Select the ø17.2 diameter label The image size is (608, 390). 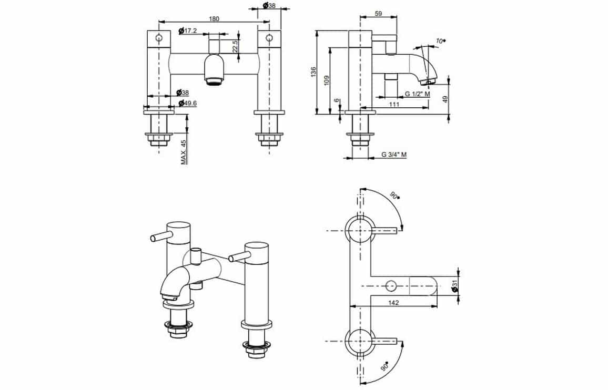pyautogui.click(x=188, y=30)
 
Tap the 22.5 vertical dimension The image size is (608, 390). pyautogui.click(x=235, y=46)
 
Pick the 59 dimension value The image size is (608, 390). pyautogui.click(x=379, y=14)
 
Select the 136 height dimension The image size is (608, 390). pyautogui.click(x=313, y=72)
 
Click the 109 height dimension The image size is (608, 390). pyautogui.click(x=327, y=80)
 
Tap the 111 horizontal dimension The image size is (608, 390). pyautogui.click(x=394, y=104)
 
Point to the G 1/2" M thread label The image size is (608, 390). pyautogui.click(x=417, y=94)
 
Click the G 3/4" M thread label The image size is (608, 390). pyautogui.click(x=394, y=155)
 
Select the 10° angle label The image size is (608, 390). pyautogui.click(x=440, y=40)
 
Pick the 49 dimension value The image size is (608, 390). pyautogui.click(x=445, y=99)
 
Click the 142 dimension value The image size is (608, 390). pyautogui.click(x=393, y=302)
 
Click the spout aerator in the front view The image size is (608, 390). pyautogui.click(x=215, y=81)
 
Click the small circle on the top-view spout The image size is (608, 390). pyautogui.click(x=391, y=286)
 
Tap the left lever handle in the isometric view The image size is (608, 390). pyautogui.click(x=159, y=235)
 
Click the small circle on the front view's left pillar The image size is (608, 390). pyautogui.click(x=159, y=38)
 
